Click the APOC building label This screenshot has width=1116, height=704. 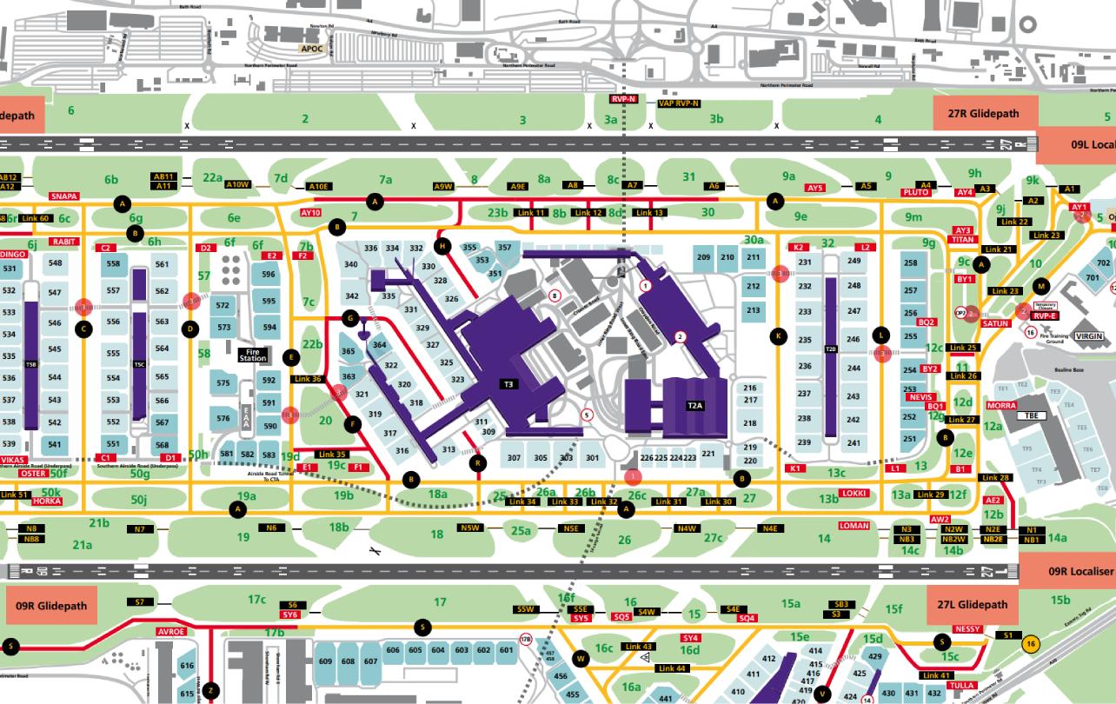point(311,49)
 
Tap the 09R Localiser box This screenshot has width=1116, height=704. point(1068,571)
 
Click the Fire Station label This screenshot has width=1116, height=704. point(253,355)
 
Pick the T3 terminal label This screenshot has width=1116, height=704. point(508,383)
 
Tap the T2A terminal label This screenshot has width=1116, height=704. point(695,406)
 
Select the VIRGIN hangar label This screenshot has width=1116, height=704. point(1093,335)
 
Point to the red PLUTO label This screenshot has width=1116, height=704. point(916,192)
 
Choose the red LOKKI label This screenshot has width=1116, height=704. point(854,494)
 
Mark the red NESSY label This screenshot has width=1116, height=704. point(967,628)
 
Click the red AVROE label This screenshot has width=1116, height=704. point(171,631)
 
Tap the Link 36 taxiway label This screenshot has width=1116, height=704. point(309,379)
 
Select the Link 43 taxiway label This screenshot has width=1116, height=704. point(639,647)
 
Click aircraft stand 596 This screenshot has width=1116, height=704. point(269,275)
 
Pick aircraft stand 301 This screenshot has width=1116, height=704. point(593,458)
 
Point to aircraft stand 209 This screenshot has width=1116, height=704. point(704,257)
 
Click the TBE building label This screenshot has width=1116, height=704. point(1033,415)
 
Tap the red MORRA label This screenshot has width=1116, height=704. point(1001,406)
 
